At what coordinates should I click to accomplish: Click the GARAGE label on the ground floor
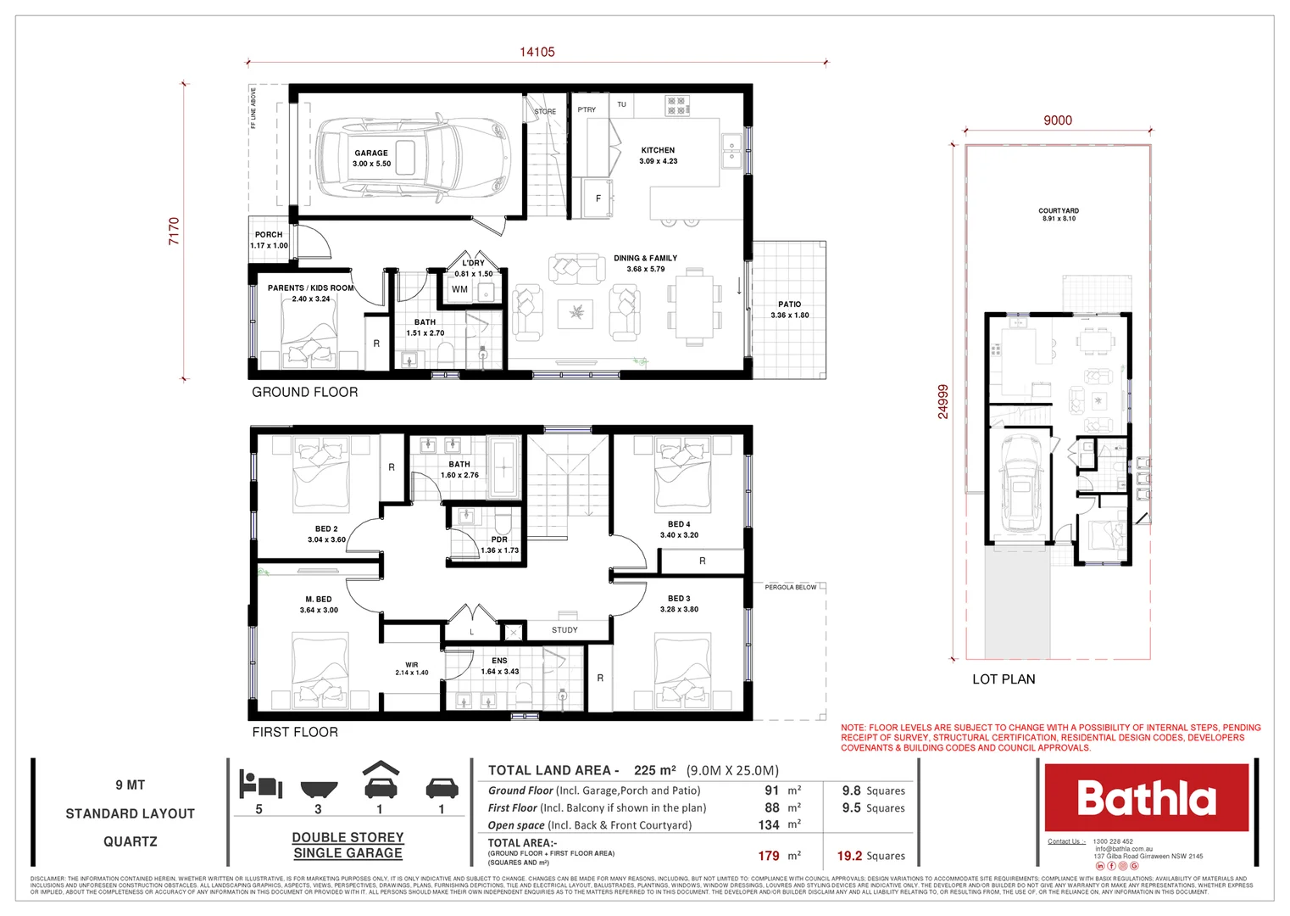[371, 154]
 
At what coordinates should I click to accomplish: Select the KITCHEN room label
[658, 150]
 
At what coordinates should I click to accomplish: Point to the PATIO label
[789, 304]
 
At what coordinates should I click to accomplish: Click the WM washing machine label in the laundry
[459, 289]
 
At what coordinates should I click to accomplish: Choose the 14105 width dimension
[537, 53]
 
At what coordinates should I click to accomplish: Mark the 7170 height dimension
[175, 232]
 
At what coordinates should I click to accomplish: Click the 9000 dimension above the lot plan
[1057, 120]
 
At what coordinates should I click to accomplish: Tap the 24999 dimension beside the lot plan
[943, 402]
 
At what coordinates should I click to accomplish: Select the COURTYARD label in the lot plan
[1059, 211]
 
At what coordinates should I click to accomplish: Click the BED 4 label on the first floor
[679, 524]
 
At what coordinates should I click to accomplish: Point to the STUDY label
[564, 630]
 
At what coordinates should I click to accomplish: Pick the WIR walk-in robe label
[412, 665]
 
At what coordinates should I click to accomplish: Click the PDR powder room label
[499, 539]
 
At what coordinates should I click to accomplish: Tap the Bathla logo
[1146, 798]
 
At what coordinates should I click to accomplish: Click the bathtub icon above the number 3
[319, 788]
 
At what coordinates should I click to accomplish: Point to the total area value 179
[769, 856]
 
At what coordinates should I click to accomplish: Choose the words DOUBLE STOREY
[348, 837]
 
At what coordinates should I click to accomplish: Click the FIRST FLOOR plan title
[295, 732]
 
